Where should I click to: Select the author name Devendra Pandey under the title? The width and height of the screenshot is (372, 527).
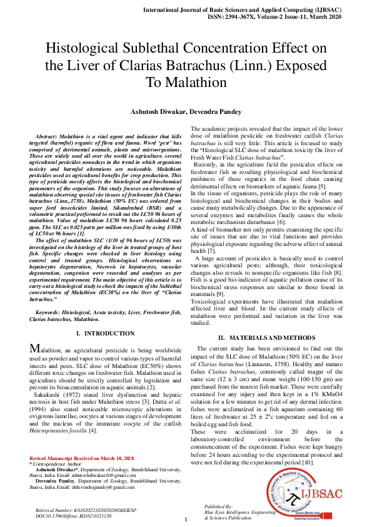(219, 111)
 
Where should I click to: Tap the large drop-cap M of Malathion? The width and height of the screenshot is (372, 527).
(36, 349)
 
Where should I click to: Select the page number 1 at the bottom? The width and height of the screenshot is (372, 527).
(186, 518)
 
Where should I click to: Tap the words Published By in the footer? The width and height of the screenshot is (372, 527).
(219, 504)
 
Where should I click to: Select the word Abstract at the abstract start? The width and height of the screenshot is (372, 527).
(46, 136)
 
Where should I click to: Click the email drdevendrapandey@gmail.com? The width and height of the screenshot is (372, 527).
(103, 504)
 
